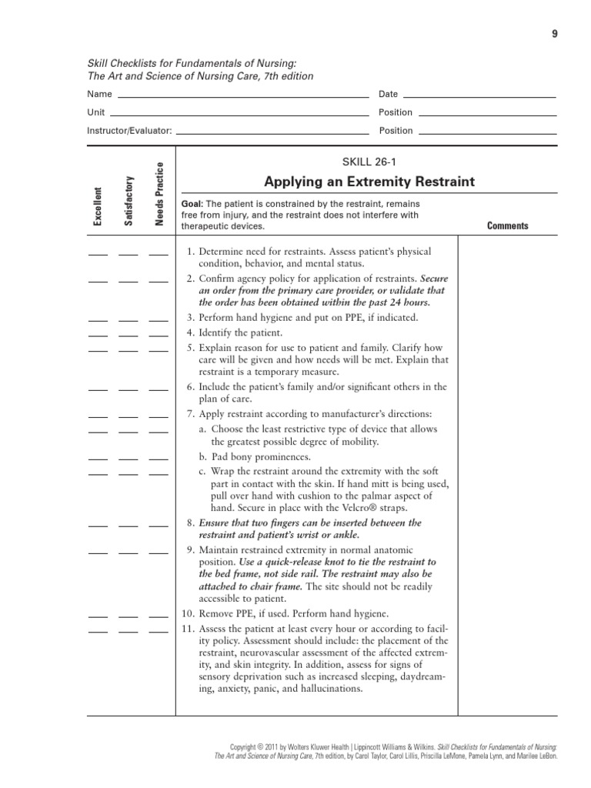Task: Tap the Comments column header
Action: point(507,226)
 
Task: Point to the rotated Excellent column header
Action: point(98,206)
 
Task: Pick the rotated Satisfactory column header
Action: point(129,201)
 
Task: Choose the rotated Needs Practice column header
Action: point(159,195)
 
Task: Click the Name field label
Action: point(99,95)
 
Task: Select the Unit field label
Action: point(96,112)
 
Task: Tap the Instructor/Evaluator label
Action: point(129,131)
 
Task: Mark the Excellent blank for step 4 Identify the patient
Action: point(98,335)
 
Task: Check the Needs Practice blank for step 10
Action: point(159,616)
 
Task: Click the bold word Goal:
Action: point(192,204)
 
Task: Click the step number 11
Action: point(189,628)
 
